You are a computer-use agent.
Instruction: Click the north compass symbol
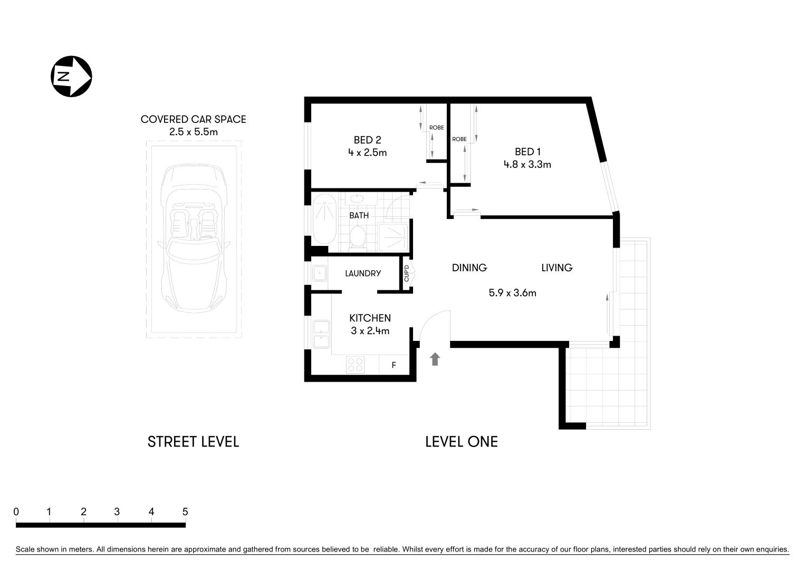(x=71, y=76)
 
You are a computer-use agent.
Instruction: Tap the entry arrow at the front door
(x=435, y=359)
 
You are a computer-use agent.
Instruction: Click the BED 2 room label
(x=367, y=140)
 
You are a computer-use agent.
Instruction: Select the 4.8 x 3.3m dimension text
(x=527, y=164)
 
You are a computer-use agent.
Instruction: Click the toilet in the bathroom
(x=358, y=237)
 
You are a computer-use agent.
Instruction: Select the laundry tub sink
(x=319, y=273)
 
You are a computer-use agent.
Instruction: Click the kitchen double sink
(x=321, y=334)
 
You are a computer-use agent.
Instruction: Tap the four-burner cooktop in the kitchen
(x=355, y=365)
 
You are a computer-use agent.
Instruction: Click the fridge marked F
(x=394, y=365)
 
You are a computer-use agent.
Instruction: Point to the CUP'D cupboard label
(x=407, y=273)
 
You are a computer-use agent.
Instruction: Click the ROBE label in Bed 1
(x=459, y=139)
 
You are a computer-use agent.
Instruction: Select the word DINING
(x=469, y=268)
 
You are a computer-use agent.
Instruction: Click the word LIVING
(x=556, y=268)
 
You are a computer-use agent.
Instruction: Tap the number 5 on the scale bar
(x=185, y=511)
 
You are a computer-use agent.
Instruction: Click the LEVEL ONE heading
(x=461, y=442)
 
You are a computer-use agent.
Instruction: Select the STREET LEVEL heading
(x=193, y=442)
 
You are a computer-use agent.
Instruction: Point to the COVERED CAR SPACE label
(x=193, y=119)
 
